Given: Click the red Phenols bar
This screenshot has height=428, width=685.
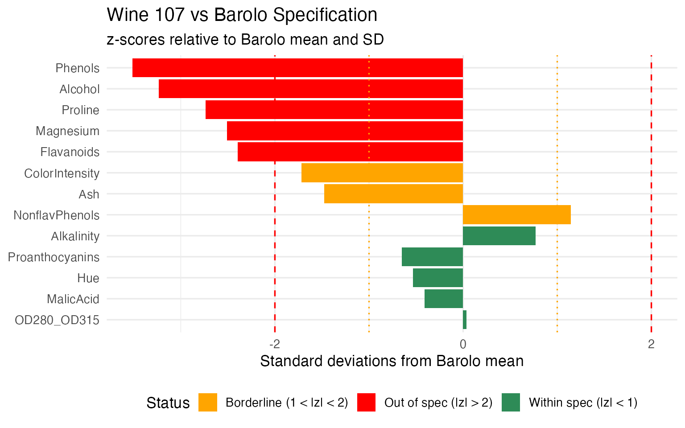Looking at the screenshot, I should tap(297, 68).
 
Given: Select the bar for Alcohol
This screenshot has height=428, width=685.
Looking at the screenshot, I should tap(311, 89).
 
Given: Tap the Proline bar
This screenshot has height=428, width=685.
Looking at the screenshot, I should tap(334, 110).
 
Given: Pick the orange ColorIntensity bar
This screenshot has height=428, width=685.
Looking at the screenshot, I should tap(382, 173).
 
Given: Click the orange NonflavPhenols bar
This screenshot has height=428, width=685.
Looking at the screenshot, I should tap(517, 215).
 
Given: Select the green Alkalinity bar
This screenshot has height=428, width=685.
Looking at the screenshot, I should tap(499, 236).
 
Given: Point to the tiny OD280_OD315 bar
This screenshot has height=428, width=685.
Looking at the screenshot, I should tap(465, 320).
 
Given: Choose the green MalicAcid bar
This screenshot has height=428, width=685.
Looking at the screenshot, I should tap(444, 299).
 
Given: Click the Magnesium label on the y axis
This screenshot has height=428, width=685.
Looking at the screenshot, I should tap(67, 131).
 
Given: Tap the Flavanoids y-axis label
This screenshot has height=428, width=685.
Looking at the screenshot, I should tap(70, 152).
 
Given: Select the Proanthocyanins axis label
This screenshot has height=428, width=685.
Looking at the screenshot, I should tap(54, 257).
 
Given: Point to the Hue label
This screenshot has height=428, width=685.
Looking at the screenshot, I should tap(88, 278).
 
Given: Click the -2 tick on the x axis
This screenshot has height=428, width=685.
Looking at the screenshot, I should tap(275, 344).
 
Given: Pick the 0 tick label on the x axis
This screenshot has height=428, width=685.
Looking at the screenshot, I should tap(463, 344).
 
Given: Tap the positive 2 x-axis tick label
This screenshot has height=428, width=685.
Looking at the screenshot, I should tap(651, 344).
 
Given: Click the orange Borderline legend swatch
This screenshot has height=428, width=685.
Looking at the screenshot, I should tap(208, 403).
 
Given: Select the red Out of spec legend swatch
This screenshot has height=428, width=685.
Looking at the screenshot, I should tap(366, 403).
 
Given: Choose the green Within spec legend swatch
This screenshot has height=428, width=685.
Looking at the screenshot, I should tap(511, 403).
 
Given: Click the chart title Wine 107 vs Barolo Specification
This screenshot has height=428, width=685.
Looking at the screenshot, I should tap(242, 15).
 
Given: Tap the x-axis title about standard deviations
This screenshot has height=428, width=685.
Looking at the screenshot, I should tap(392, 361).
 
